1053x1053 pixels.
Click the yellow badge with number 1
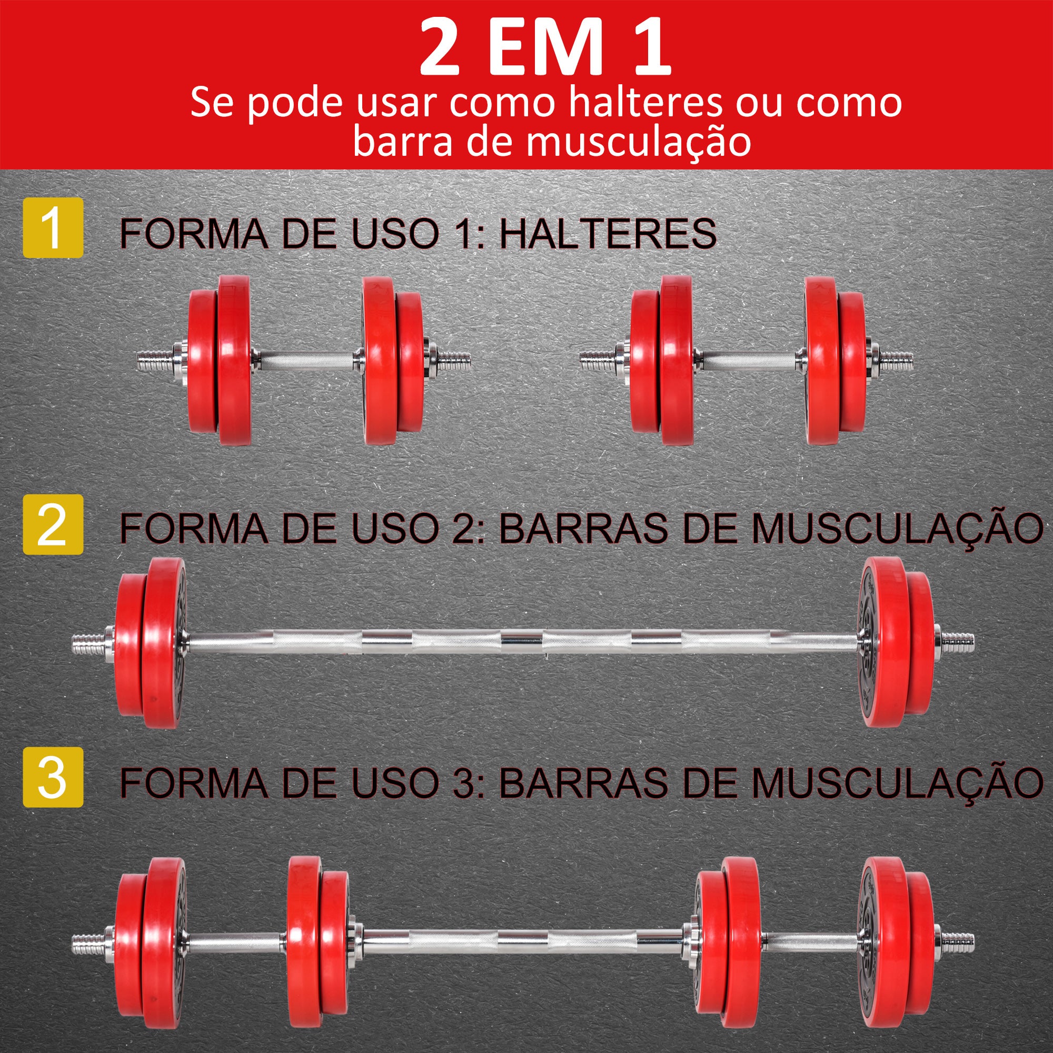pos(53,227)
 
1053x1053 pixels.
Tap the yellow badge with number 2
pos(53,524)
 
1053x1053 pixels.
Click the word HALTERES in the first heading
pos(607,234)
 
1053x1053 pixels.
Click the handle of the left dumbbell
pos(307,360)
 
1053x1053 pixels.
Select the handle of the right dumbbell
pos(749,360)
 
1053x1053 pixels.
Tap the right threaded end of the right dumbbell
pos(896,360)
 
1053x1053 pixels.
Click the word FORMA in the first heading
pos(193,234)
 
